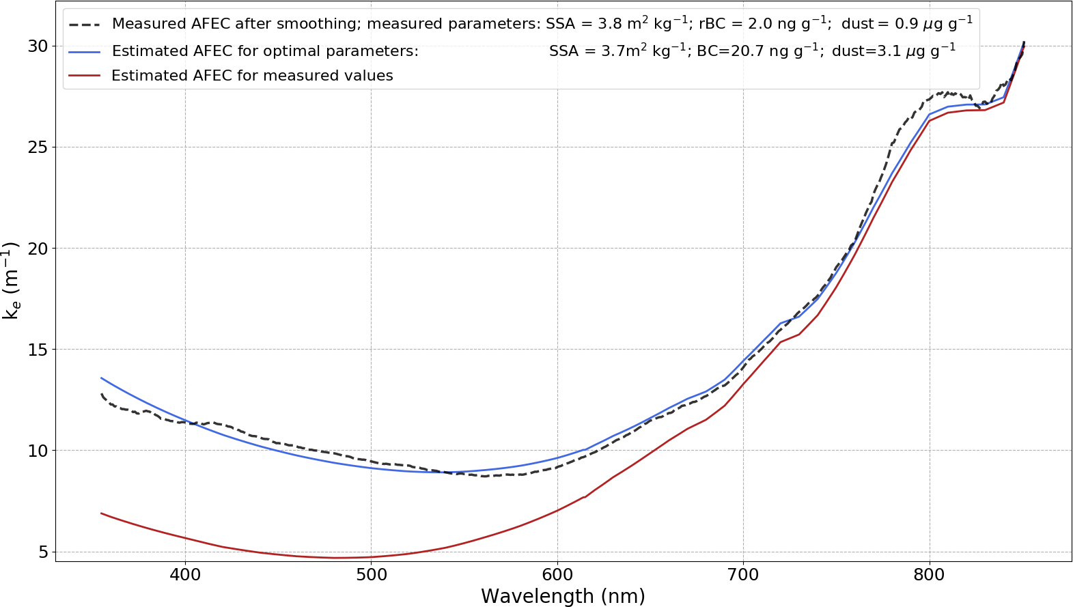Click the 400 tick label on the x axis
(x=185, y=575)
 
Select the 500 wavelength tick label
(x=371, y=575)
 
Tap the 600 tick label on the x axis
(x=557, y=575)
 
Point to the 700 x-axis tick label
(x=743, y=575)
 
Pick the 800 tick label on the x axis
(x=929, y=575)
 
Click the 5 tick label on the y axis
(x=43, y=552)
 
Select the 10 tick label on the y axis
(x=38, y=451)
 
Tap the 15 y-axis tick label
(x=38, y=350)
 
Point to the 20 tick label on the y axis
(x=38, y=249)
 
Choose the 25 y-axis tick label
(x=38, y=147)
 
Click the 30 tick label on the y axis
(x=38, y=46)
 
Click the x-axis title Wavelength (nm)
(x=563, y=596)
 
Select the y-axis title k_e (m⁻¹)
(x=12, y=280)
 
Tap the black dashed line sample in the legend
(x=85, y=24)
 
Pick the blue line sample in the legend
(x=85, y=51)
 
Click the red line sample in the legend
(x=85, y=76)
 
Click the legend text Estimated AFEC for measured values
(x=252, y=76)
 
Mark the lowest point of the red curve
(x=334, y=558)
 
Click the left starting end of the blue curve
(x=101, y=378)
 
